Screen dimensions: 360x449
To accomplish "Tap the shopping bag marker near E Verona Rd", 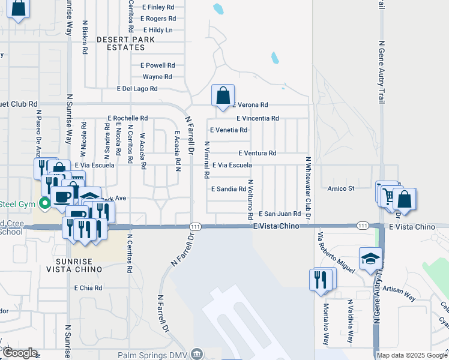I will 223,95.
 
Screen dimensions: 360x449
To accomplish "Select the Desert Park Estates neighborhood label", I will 125,43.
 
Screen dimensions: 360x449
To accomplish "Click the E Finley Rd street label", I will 158,7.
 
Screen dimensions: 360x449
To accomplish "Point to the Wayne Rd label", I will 157,77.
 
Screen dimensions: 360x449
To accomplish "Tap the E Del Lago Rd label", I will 137,88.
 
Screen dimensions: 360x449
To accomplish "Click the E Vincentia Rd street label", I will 258,119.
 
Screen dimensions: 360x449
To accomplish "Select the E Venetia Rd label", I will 228,130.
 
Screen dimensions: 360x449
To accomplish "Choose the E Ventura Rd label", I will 257,153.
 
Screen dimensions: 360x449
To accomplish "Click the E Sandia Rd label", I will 229,188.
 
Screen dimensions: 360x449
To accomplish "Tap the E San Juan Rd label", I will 280,214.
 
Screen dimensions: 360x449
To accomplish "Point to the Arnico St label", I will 342,188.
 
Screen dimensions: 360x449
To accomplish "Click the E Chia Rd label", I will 88,288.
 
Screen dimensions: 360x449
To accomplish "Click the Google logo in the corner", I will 20,353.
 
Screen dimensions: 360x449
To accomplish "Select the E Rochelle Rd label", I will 127,118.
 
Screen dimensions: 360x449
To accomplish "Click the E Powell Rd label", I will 157,65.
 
